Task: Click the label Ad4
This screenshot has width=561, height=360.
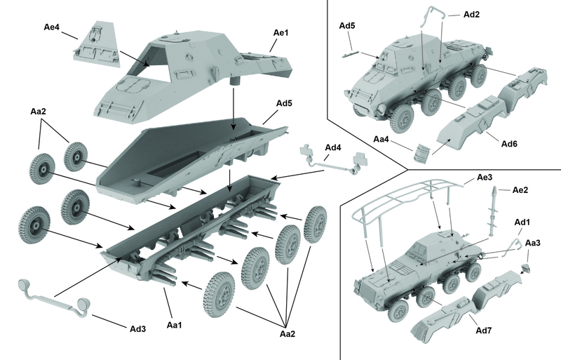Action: click(333, 148)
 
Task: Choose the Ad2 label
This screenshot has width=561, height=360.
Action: click(471, 14)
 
